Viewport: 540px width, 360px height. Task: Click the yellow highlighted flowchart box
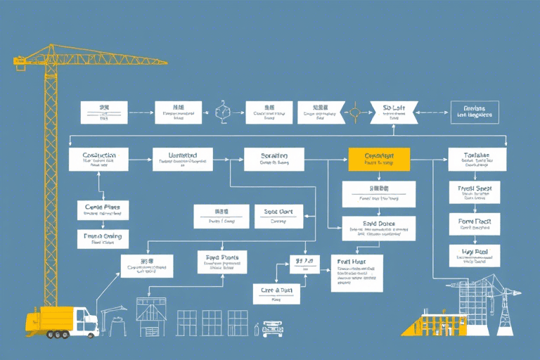[x=378, y=159]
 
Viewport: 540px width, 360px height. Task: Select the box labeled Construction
[x=98, y=159]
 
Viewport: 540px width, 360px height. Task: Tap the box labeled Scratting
[x=274, y=159]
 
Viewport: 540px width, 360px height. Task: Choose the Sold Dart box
[x=278, y=216]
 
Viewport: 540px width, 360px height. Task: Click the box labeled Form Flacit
[x=475, y=224]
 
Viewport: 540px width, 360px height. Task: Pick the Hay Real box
[x=475, y=255]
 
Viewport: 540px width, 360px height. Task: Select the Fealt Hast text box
[x=356, y=273]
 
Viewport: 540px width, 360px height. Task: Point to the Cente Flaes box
[x=103, y=210]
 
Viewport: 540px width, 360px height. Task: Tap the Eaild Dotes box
[x=378, y=228]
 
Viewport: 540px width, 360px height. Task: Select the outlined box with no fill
[x=474, y=112]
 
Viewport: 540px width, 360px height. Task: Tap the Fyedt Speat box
[x=475, y=192]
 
